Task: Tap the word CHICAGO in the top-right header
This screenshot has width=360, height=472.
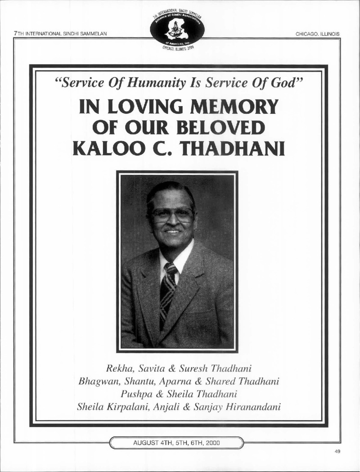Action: pyautogui.click(x=307, y=34)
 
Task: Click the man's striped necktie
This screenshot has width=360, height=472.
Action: pyautogui.click(x=167, y=292)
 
